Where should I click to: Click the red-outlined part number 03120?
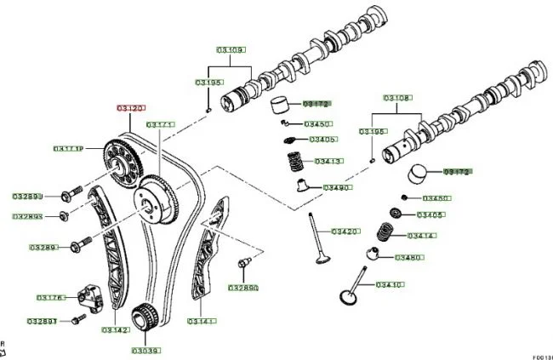(131, 109)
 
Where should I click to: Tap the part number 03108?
(396, 98)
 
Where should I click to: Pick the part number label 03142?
(116, 330)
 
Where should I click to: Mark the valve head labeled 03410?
(347, 297)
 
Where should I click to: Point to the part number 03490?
(337, 187)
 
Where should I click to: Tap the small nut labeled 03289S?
(65, 214)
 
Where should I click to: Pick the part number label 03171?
(159, 124)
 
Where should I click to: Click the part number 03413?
(328, 161)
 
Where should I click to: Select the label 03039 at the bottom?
(145, 350)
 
